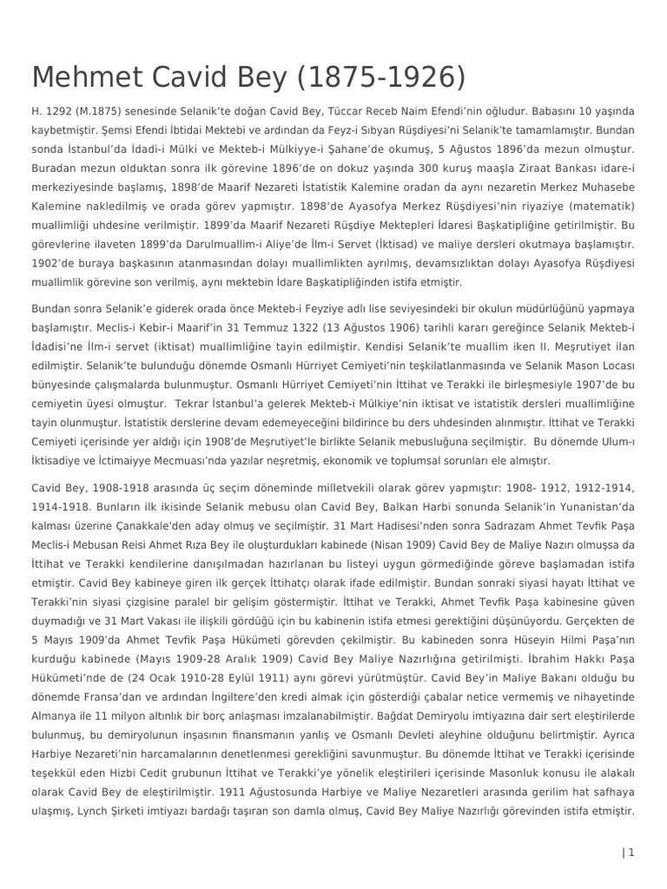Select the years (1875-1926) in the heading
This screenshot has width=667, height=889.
380,77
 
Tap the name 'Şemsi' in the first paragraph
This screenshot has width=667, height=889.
113,130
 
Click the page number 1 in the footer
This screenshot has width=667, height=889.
631,853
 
